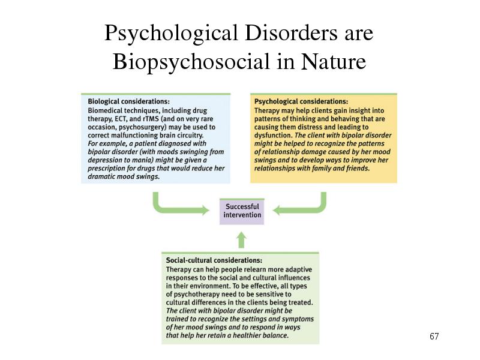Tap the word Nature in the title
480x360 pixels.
[x=334, y=61]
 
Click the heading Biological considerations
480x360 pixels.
[x=128, y=101]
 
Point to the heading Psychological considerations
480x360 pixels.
[x=301, y=101]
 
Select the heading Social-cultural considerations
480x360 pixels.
[x=214, y=260]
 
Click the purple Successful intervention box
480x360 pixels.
[x=242, y=211]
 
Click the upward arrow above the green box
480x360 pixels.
[x=242, y=239]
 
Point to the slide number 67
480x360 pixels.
[x=434, y=336]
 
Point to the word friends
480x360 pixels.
[x=358, y=169]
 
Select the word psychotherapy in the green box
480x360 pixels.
[x=199, y=295]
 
